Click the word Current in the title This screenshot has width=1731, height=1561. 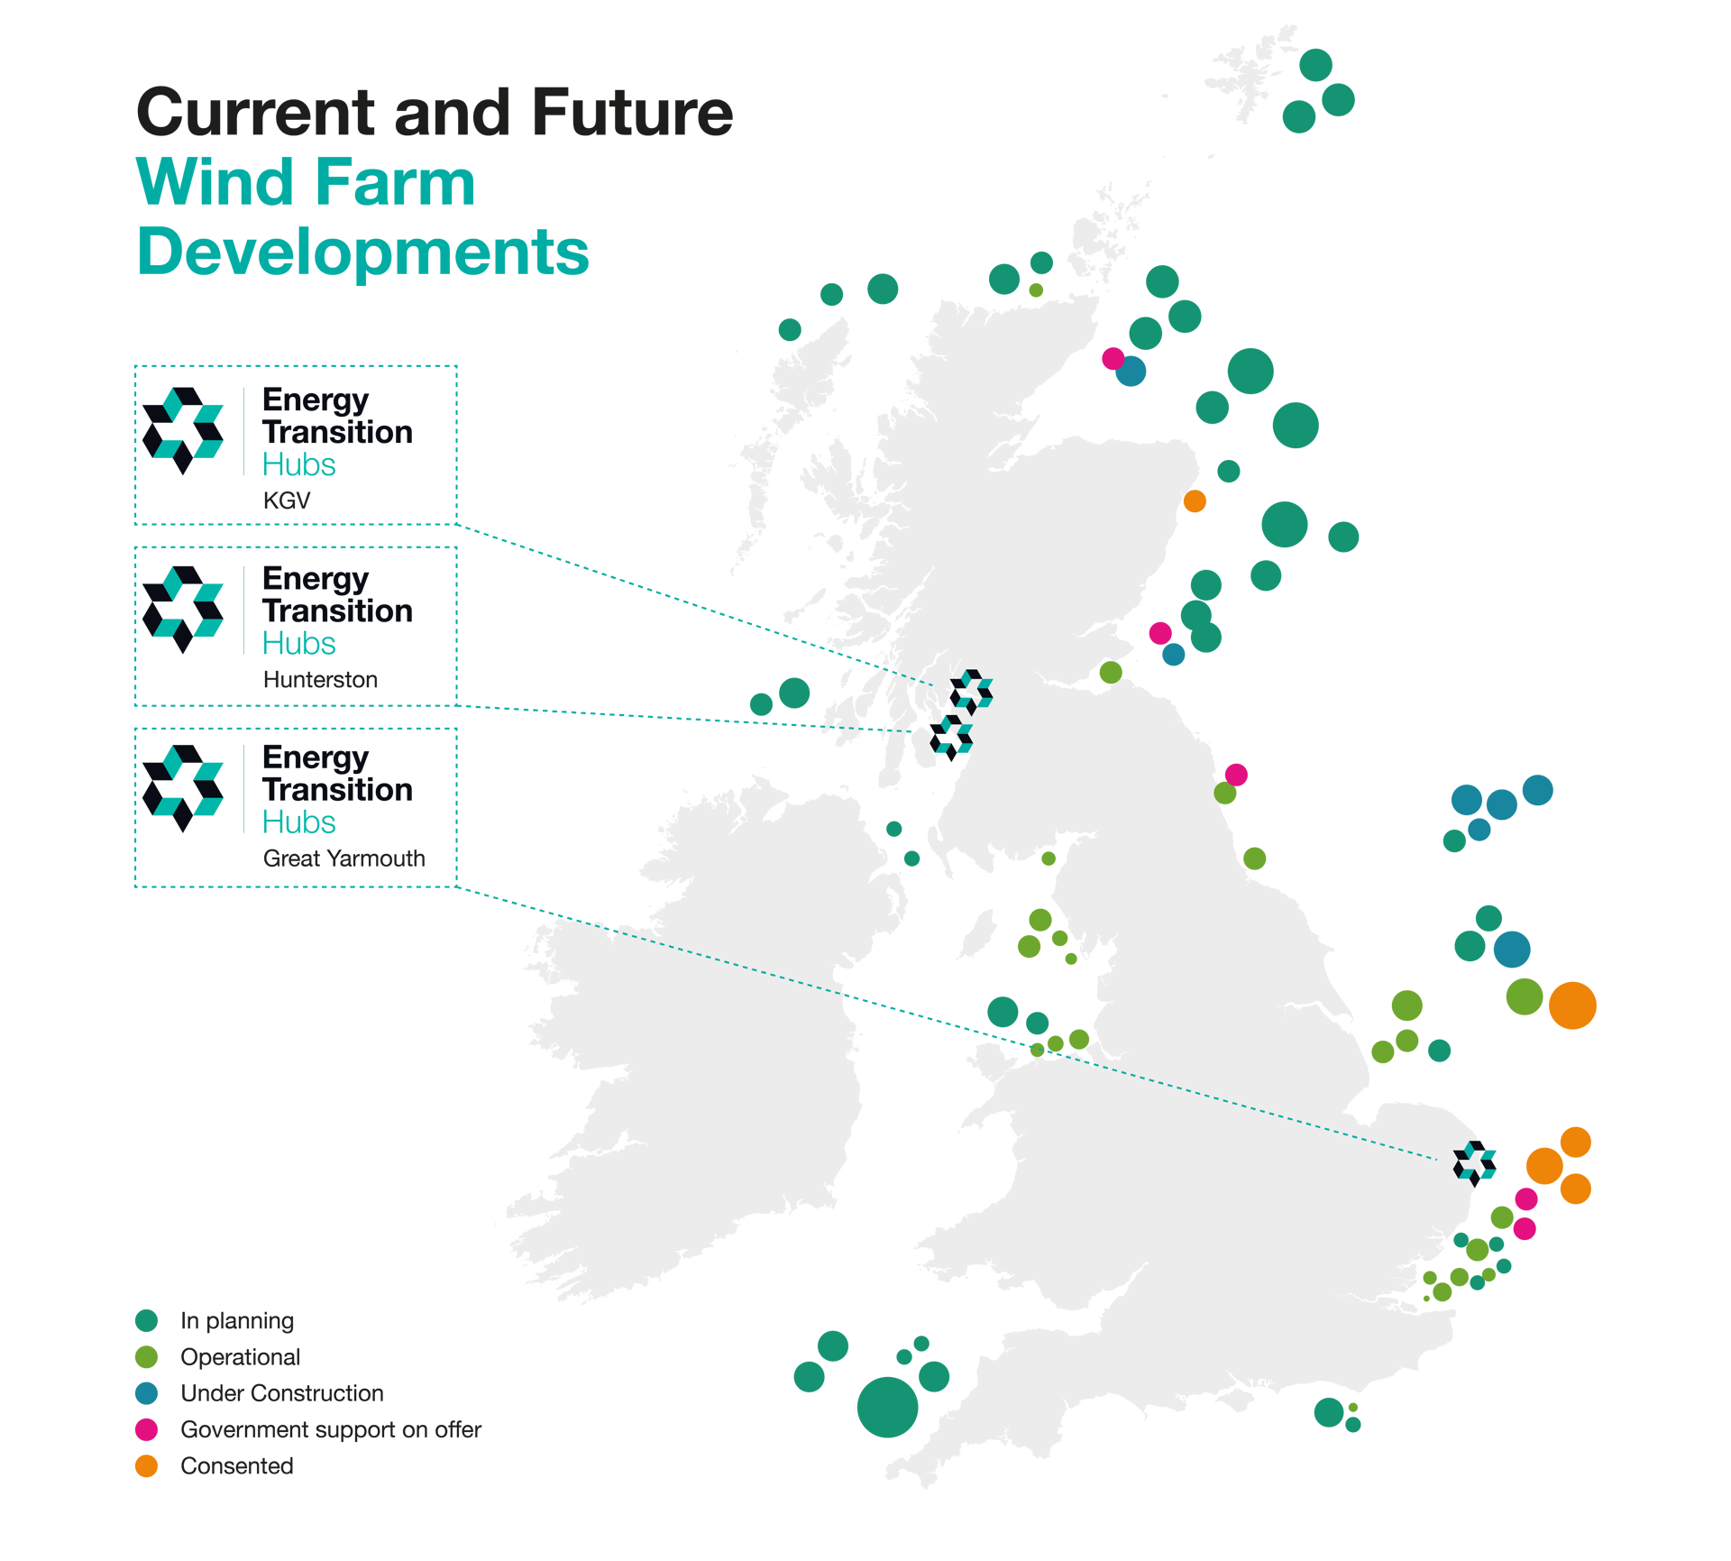255,113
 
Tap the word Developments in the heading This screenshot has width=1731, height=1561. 362,253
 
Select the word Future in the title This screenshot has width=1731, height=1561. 632,113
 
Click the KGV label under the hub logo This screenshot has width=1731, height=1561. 287,500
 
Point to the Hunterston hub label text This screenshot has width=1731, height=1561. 320,680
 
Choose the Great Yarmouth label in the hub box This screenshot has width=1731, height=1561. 343,859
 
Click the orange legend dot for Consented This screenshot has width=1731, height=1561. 146,1466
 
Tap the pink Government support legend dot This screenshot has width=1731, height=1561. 146,1429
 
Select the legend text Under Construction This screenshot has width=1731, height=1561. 281,1393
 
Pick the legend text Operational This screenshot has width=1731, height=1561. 240,1357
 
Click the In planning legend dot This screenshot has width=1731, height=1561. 146,1321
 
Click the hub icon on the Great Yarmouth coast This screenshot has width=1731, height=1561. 1475,1162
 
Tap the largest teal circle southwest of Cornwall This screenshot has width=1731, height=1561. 887,1407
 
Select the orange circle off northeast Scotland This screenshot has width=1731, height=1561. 1195,500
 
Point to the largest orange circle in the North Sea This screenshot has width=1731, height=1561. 1572,1005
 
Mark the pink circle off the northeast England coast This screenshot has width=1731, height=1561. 1236,774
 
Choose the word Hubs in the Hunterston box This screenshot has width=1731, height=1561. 298,644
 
